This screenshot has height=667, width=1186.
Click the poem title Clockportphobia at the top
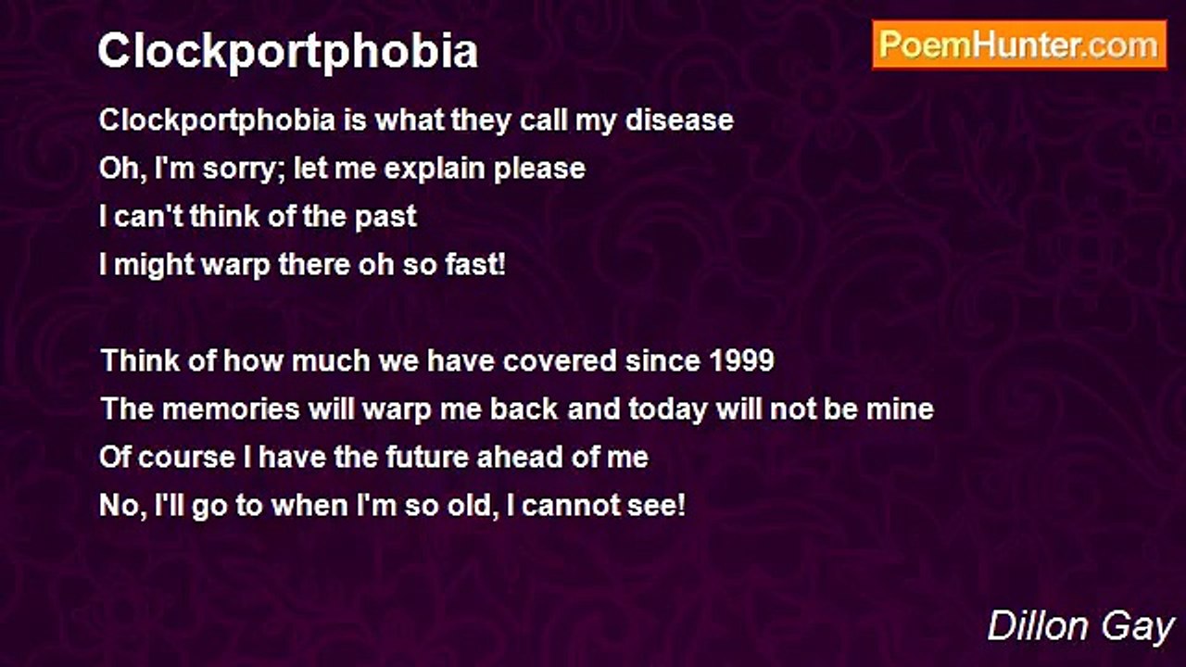click(x=288, y=52)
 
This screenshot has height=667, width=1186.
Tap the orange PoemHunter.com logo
click(x=1019, y=45)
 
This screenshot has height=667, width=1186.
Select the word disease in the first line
click(x=679, y=120)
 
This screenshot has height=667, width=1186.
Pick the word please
click(x=539, y=170)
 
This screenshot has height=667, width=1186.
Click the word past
click(x=385, y=218)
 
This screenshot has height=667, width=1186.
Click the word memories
click(x=231, y=409)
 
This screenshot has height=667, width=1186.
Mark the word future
click(x=427, y=458)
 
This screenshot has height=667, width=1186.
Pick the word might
click(x=154, y=266)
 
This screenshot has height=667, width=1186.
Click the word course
click(x=186, y=458)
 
